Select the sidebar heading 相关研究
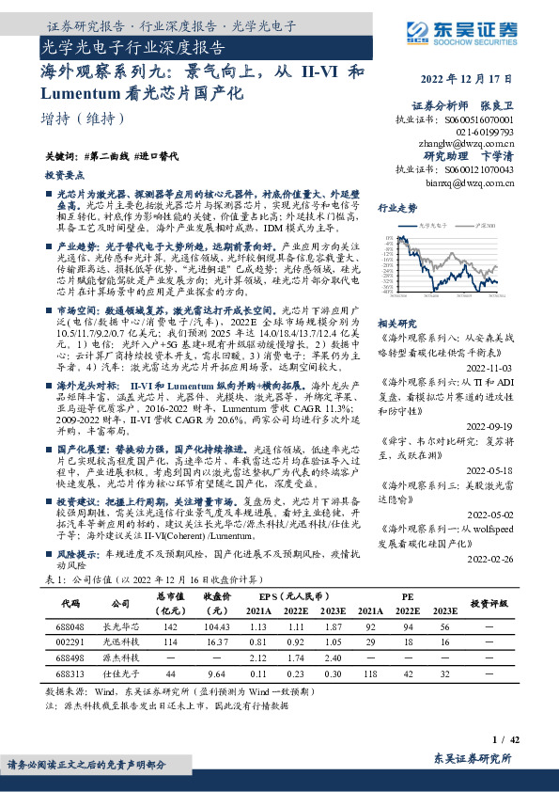click(396, 322)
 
